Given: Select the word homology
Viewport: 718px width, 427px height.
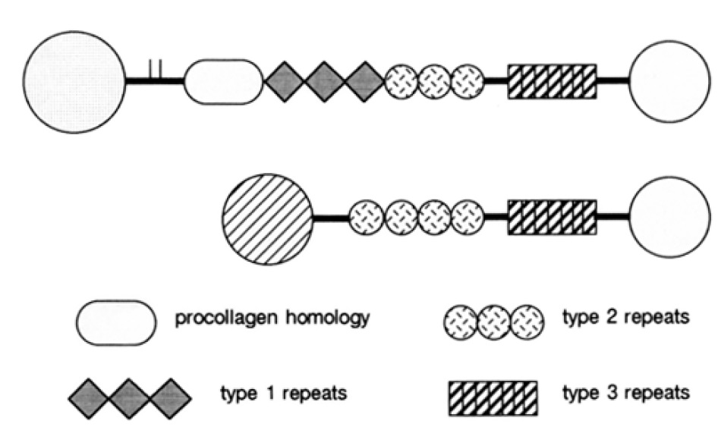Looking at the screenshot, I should [x=329, y=316].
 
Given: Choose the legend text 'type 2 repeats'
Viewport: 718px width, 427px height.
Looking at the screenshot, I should [x=625, y=316].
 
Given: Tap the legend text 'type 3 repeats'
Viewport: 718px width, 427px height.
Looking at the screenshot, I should [x=625, y=394].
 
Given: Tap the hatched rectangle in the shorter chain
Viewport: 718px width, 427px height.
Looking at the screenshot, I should [x=552, y=218].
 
